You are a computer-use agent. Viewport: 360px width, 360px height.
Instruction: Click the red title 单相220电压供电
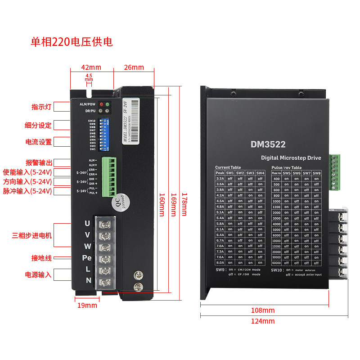click(x=72, y=42)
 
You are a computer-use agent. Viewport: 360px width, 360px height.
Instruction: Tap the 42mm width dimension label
click(x=91, y=67)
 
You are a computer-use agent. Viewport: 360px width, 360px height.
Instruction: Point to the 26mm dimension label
click(x=134, y=67)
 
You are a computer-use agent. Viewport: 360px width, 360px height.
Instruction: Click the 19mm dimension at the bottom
click(x=87, y=306)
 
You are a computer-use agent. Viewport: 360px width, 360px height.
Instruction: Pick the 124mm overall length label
click(x=262, y=321)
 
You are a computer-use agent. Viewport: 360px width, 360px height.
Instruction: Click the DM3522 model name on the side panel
click(x=268, y=144)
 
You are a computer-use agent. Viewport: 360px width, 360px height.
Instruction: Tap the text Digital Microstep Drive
click(x=291, y=158)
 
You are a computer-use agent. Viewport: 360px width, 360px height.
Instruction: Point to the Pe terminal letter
click(x=87, y=258)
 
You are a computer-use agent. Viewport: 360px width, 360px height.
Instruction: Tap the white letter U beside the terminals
click(x=87, y=223)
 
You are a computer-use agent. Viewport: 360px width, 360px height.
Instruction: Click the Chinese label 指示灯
click(x=41, y=107)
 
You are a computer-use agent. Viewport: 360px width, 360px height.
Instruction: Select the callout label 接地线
click(x=41, y=258)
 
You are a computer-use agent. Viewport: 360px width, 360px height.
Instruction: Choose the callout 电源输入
click(x=38, y=274)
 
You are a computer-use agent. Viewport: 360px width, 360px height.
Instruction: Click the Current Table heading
click(x=228, y=167)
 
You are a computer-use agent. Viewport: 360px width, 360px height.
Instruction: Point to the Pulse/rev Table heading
click(x=287, y=167)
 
